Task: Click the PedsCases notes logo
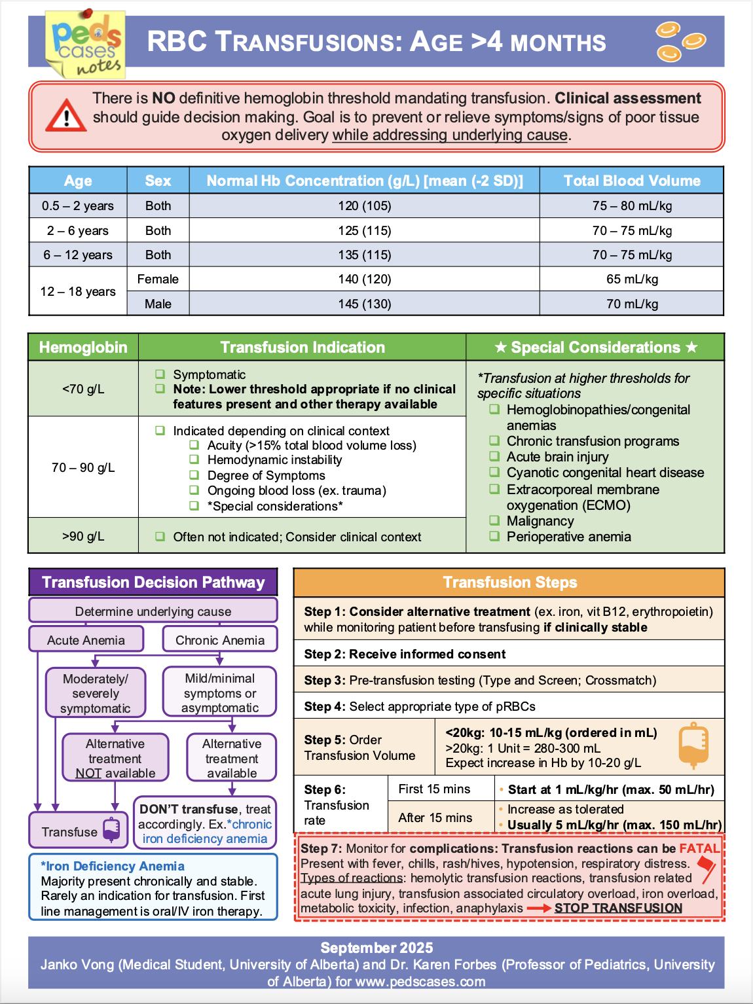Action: point(86,45)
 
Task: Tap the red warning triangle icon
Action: point(65,117)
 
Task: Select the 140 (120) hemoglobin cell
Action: point(365,279)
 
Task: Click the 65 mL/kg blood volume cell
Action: point(632,279)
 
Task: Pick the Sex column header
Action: point(158,181)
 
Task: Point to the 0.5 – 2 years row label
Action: point(78,206)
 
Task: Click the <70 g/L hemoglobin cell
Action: point(83,389)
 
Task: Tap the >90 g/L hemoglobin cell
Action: point(83,537)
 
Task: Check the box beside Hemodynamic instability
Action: point(194,460)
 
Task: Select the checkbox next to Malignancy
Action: point(494,521)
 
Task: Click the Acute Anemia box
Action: point(86,640)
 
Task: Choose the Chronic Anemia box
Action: point(220,640)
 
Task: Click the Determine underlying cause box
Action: point(153,611)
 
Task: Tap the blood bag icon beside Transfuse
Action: point(112,830)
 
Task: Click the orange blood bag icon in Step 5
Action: point(693,745)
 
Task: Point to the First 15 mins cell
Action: point(435,789)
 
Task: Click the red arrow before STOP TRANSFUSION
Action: point(539,908)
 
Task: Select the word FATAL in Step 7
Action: point(699,849)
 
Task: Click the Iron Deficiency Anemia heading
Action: point(113,867)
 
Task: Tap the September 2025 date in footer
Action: point(376,948)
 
